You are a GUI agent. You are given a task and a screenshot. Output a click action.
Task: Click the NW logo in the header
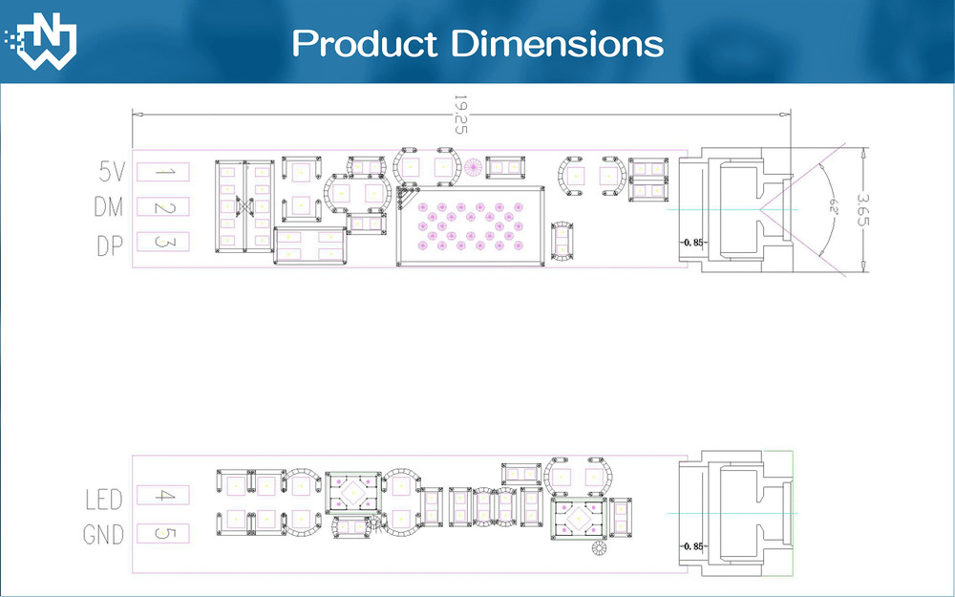[41, 41]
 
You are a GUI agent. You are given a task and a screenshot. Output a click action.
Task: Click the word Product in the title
[364, 44]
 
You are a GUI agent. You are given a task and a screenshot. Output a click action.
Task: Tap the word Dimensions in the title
[557, 43]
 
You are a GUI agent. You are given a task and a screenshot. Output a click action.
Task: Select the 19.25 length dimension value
[460, 114]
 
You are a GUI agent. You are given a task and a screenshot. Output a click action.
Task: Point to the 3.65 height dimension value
[861, 209]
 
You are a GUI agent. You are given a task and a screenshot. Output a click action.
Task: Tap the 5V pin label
[112, 172]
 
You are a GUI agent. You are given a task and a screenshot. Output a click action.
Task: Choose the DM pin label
[109, 207]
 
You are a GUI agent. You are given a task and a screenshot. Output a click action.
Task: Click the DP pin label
[110, 245]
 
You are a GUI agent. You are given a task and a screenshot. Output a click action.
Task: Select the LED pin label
[103, 500]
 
